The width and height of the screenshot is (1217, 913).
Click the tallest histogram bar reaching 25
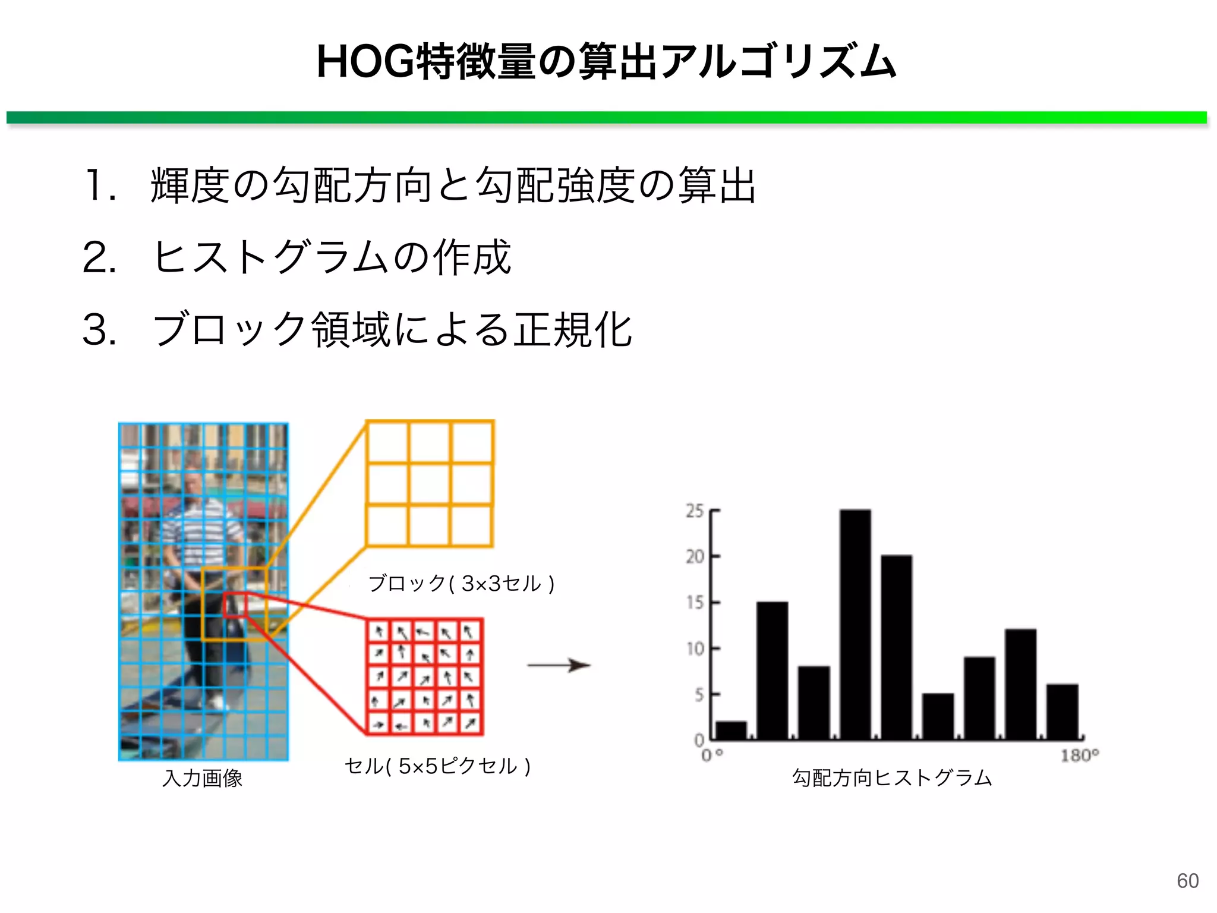point(855,624)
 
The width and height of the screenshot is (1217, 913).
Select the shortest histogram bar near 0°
point(731,731)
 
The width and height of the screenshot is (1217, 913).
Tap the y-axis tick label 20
point(694,557)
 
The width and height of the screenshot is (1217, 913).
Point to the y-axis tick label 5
point(699,694)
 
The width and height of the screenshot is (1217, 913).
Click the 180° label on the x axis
point(1079,755)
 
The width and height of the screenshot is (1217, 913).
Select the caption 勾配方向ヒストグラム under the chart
point(892,778)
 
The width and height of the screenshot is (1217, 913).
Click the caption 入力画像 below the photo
point(203,778)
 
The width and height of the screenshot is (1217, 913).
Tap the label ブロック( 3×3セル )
point(461,584)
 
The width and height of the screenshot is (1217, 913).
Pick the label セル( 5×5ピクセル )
point(437,766)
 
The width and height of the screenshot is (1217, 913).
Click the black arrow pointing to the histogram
point(559,665)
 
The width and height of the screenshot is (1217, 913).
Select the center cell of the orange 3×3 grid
point(430,484)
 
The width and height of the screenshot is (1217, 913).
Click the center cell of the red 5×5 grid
point(424,677)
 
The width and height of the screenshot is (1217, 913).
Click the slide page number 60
point(1187,880)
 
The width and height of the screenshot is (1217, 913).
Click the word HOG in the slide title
point(364,62)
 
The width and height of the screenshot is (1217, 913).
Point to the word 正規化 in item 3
point(573,330)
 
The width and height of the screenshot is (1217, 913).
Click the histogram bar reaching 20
point(896,648)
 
